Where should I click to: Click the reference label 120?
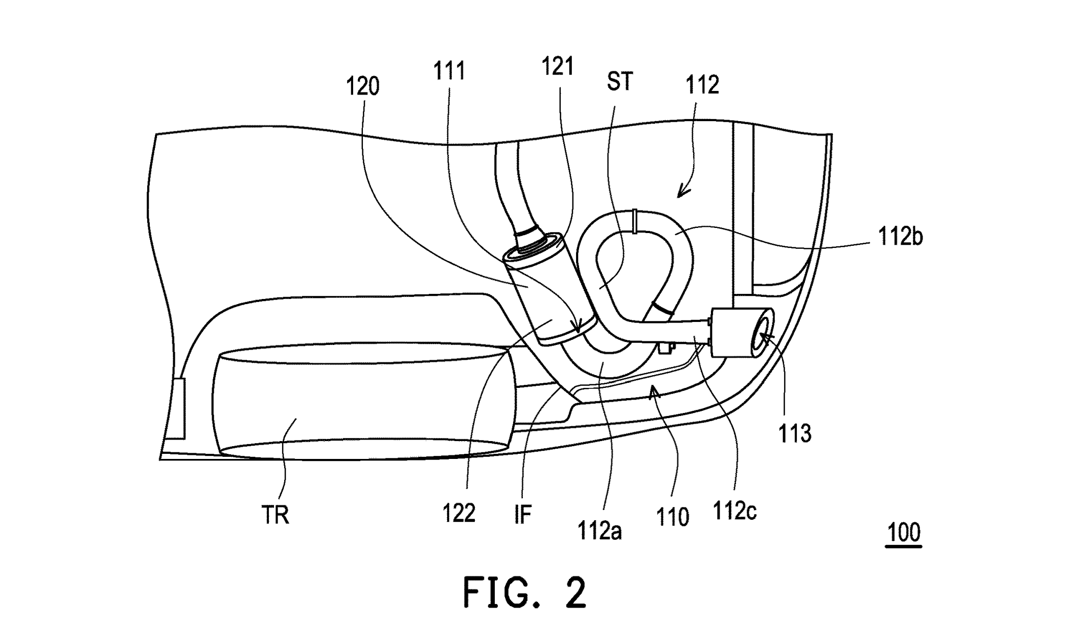(363, 86)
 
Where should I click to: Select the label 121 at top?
(558, 66)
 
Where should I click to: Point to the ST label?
(619, 81)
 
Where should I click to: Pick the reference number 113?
(795, 433)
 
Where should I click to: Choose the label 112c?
(734, 510)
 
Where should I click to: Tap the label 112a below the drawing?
(600, 531)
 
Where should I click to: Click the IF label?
(523, 515)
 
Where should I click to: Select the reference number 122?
(459, 513)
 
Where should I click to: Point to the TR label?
(275, 515)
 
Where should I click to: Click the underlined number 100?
(904, 533)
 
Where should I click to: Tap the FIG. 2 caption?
(524, 592)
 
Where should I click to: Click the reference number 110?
(672, 517)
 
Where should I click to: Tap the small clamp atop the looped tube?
(634, 221)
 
